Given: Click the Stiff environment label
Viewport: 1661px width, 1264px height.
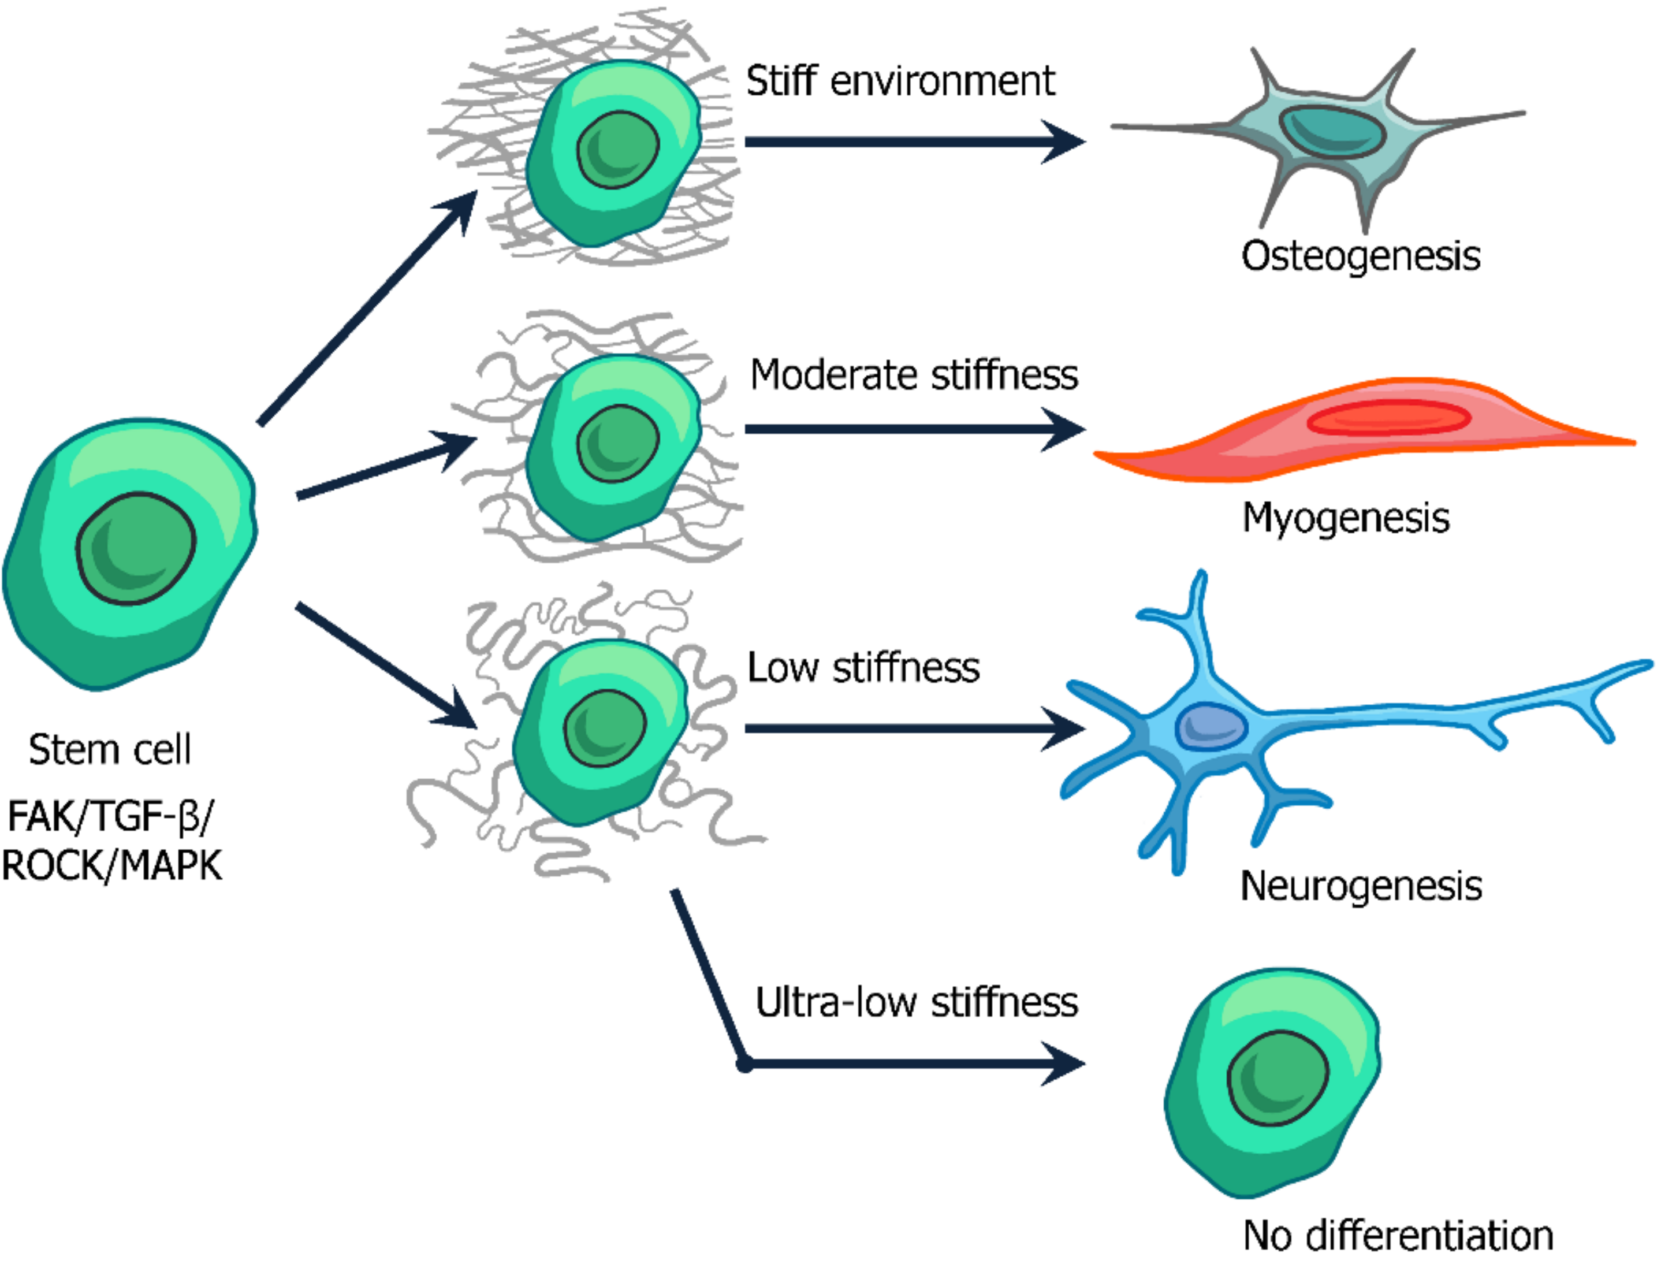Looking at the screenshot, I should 900,81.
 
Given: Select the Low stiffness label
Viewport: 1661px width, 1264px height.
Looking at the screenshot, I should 863,667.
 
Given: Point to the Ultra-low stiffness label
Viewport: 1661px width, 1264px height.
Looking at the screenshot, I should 916,1002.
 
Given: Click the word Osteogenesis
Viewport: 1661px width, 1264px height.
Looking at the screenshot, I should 1360,256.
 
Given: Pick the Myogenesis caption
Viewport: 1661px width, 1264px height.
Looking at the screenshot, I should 1345,518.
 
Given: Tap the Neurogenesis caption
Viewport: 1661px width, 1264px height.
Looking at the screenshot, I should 1360,886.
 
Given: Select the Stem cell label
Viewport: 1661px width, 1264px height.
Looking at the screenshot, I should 110,749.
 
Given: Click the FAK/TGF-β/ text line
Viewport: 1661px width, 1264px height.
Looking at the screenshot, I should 110,816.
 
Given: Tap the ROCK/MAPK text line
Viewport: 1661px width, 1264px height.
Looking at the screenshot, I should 111,865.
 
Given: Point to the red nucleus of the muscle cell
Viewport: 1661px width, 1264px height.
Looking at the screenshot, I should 1388,418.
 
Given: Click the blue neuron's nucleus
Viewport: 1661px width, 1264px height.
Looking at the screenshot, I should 1211,726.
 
